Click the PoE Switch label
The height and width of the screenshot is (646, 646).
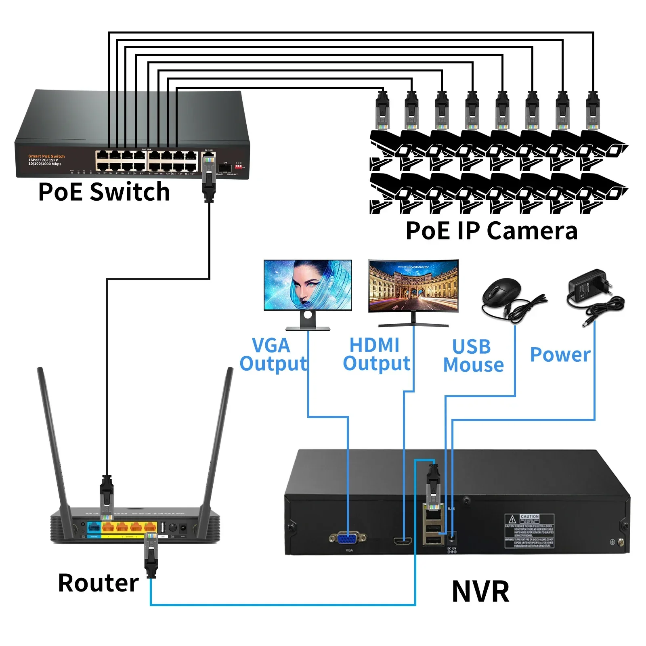(x=104, y=192)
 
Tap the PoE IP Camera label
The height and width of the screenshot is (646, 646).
(x=491, y=231)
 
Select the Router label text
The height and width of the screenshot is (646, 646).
(x=98, y=583)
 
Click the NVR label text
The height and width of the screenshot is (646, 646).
(x=480, y=591)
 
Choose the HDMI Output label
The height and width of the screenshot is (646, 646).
(x=376, y=354)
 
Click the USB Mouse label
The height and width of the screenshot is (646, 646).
(x=473, y=356)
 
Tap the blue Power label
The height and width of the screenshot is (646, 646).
(x=560, y=354)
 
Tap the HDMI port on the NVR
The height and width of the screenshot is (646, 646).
(x=403, y=541)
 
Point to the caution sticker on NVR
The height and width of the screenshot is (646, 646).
(x=529, y=531)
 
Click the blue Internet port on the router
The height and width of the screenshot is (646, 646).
(x=94, y=527)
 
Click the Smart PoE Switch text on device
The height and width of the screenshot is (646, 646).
(x=46, y=156)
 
